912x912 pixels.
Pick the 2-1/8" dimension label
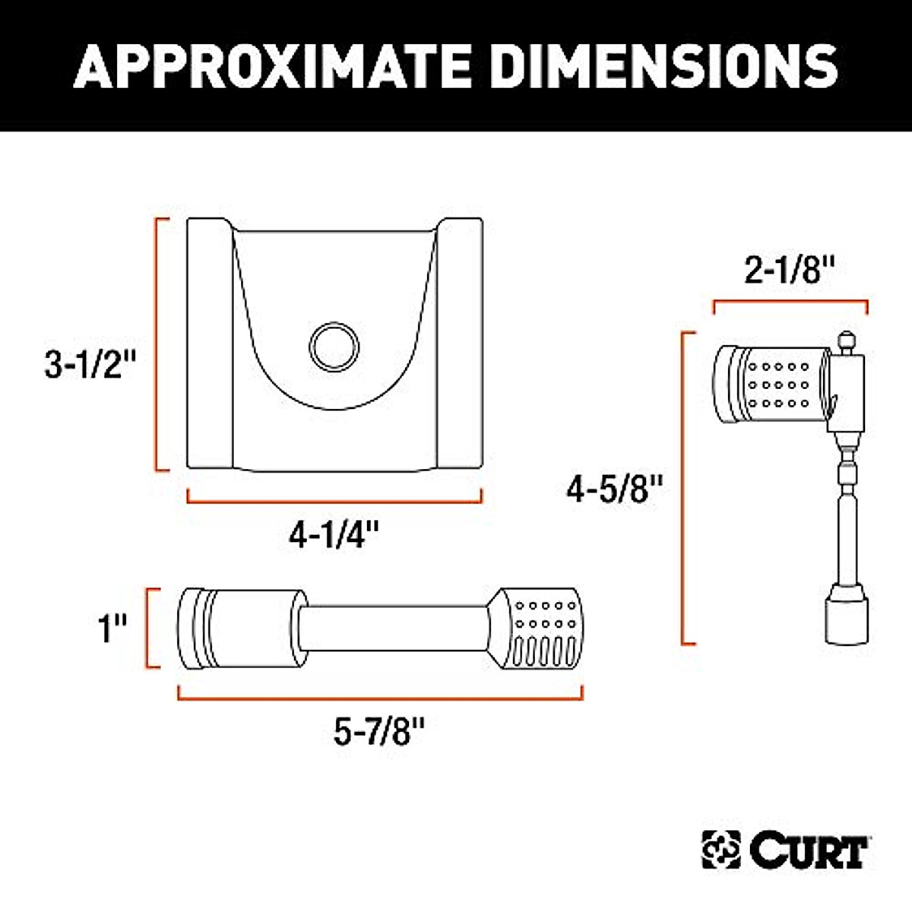(x=790, y=270)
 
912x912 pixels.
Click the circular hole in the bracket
(x=334, y=346)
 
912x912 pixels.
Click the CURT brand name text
(x=809, y=851)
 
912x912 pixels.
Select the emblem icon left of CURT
(x=720, y=851)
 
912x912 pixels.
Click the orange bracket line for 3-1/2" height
(x=158, y=344)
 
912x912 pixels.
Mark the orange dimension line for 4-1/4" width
(x=334, y=501)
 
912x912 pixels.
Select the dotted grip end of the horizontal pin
(x=541, y=629)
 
